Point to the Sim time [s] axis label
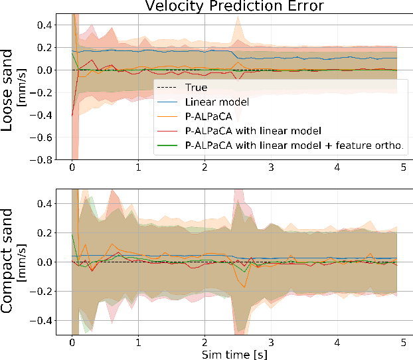pyautogui.click(x=234, y=353)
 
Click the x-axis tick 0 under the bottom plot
pyautogui.click(x=72, y=343)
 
